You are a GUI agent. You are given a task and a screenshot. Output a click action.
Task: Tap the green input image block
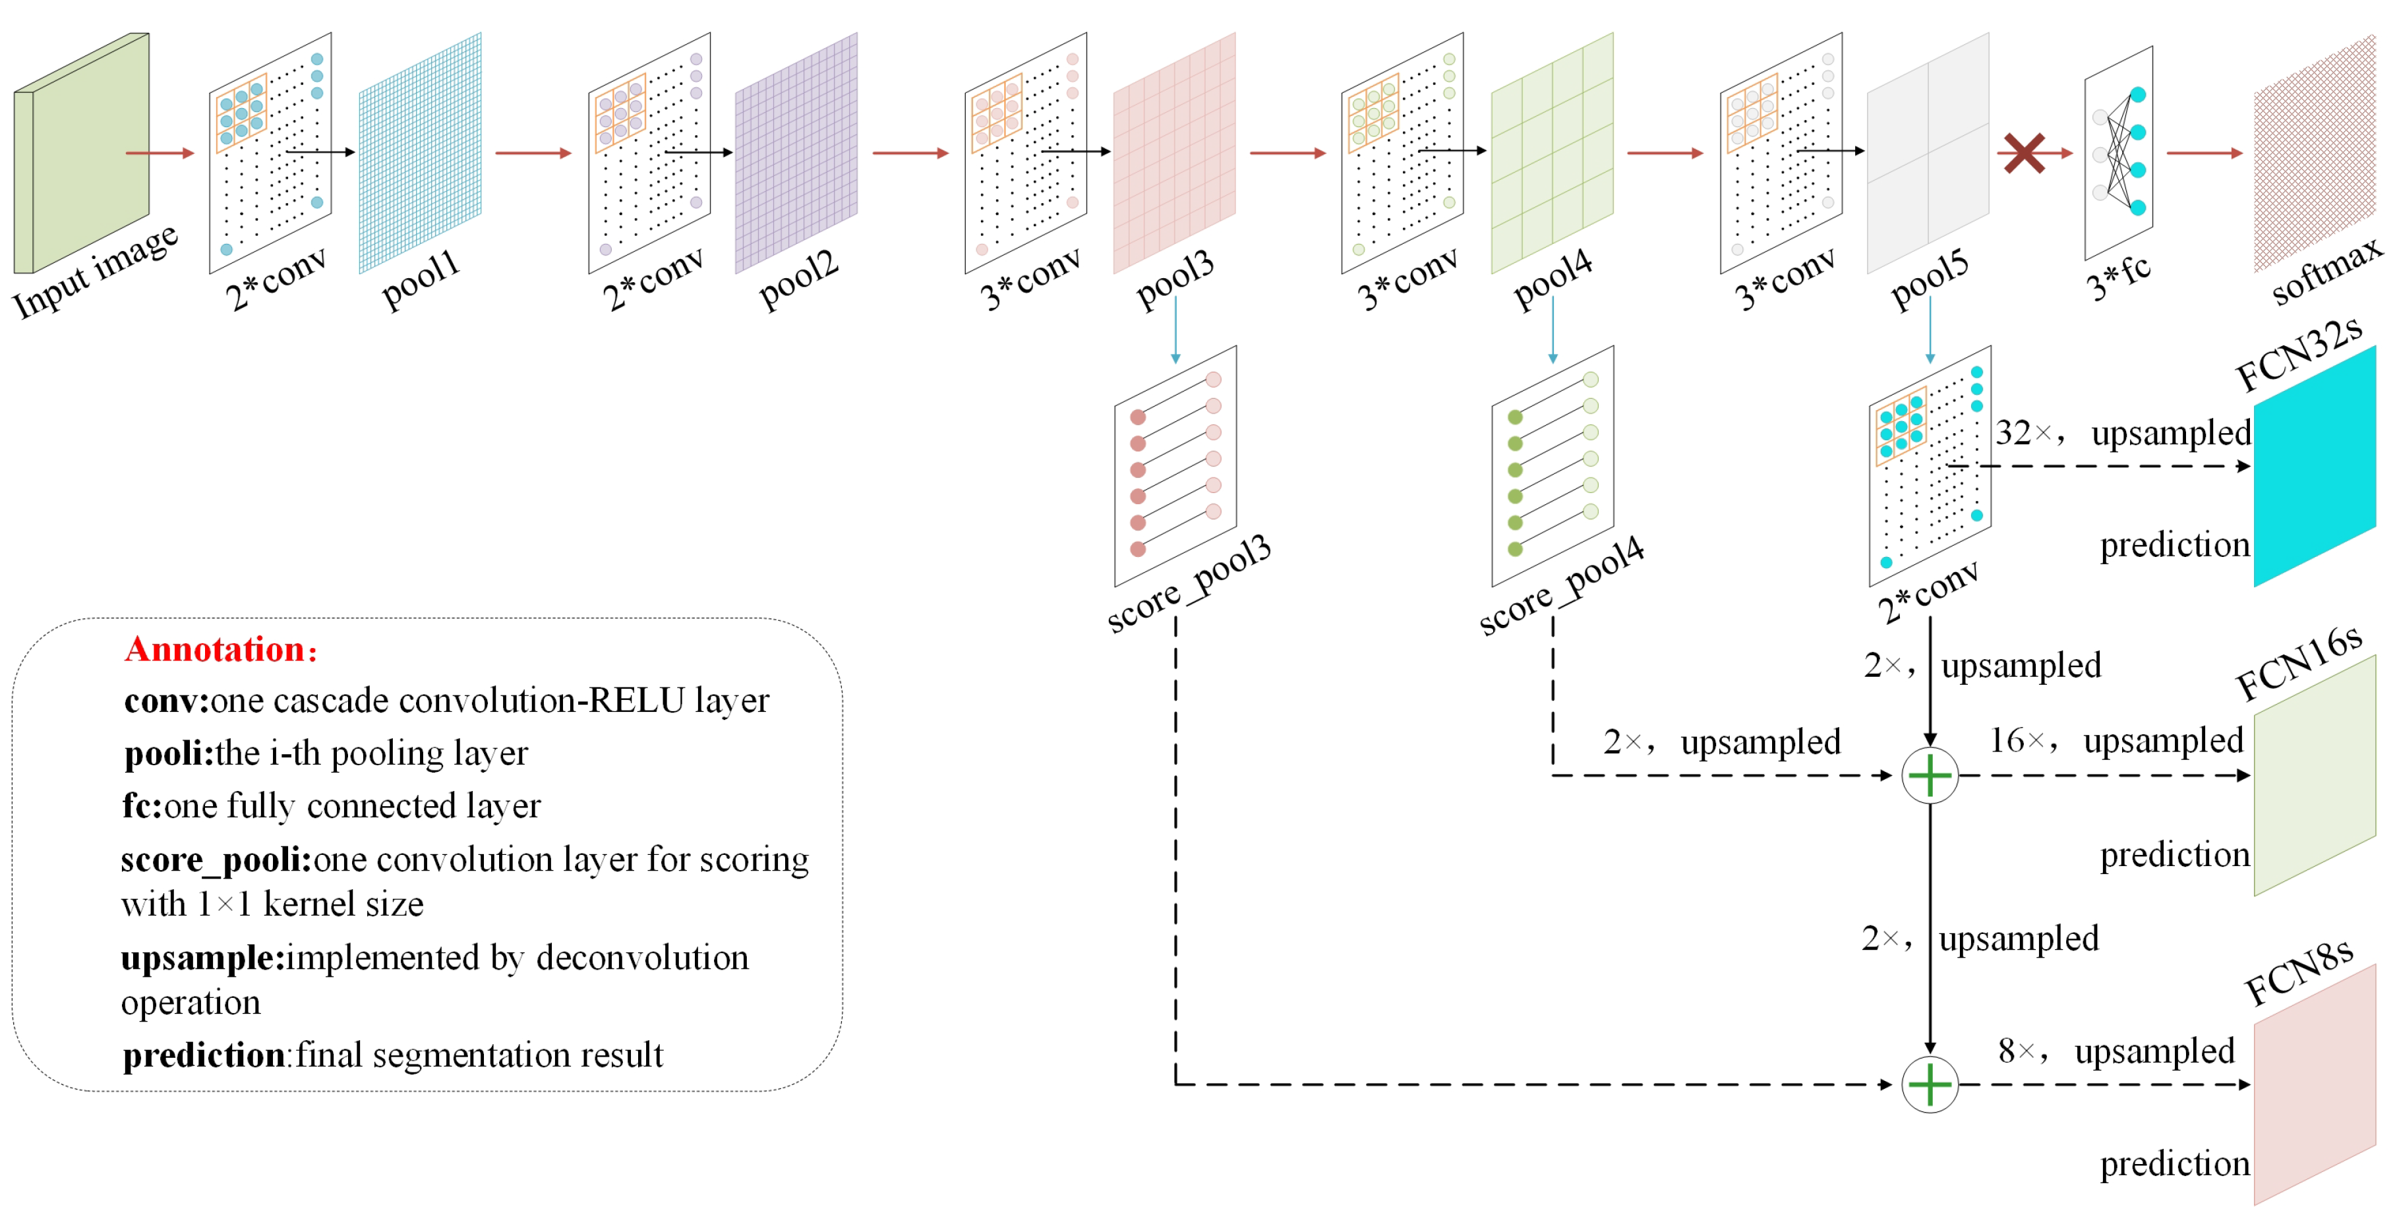click(82, 154)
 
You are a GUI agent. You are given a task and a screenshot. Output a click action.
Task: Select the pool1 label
click(421, 278)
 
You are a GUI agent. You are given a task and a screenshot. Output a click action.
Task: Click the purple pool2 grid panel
click(796, 154)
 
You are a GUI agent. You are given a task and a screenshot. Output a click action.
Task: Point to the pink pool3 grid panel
click(1173, 154)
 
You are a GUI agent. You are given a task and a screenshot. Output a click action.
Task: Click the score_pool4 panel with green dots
click(1552, 465)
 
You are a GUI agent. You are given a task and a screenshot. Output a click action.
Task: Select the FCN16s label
click(2297, 662)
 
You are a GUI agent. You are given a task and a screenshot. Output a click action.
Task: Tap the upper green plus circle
click(1929, 776)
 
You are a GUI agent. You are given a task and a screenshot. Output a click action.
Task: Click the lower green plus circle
click(1929, 1084)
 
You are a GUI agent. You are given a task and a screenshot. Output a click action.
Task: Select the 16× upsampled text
click(2116, 742)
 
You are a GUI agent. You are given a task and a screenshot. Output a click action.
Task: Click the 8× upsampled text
click(2116, 1052)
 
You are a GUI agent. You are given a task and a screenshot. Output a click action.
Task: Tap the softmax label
click(2326, 270)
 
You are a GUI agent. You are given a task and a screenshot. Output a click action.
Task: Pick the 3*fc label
click(2119, 278)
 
